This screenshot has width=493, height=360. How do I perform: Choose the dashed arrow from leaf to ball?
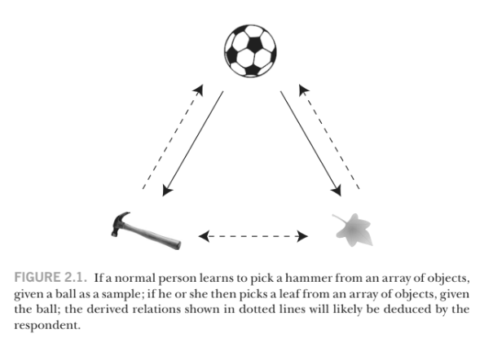tap(329, 134)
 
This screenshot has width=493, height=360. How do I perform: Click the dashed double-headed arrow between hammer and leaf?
tap(253, 237)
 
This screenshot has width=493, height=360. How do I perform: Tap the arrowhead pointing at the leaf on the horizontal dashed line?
tap(303, 237)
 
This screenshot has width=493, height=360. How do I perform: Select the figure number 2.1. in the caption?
tap(77, 279)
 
